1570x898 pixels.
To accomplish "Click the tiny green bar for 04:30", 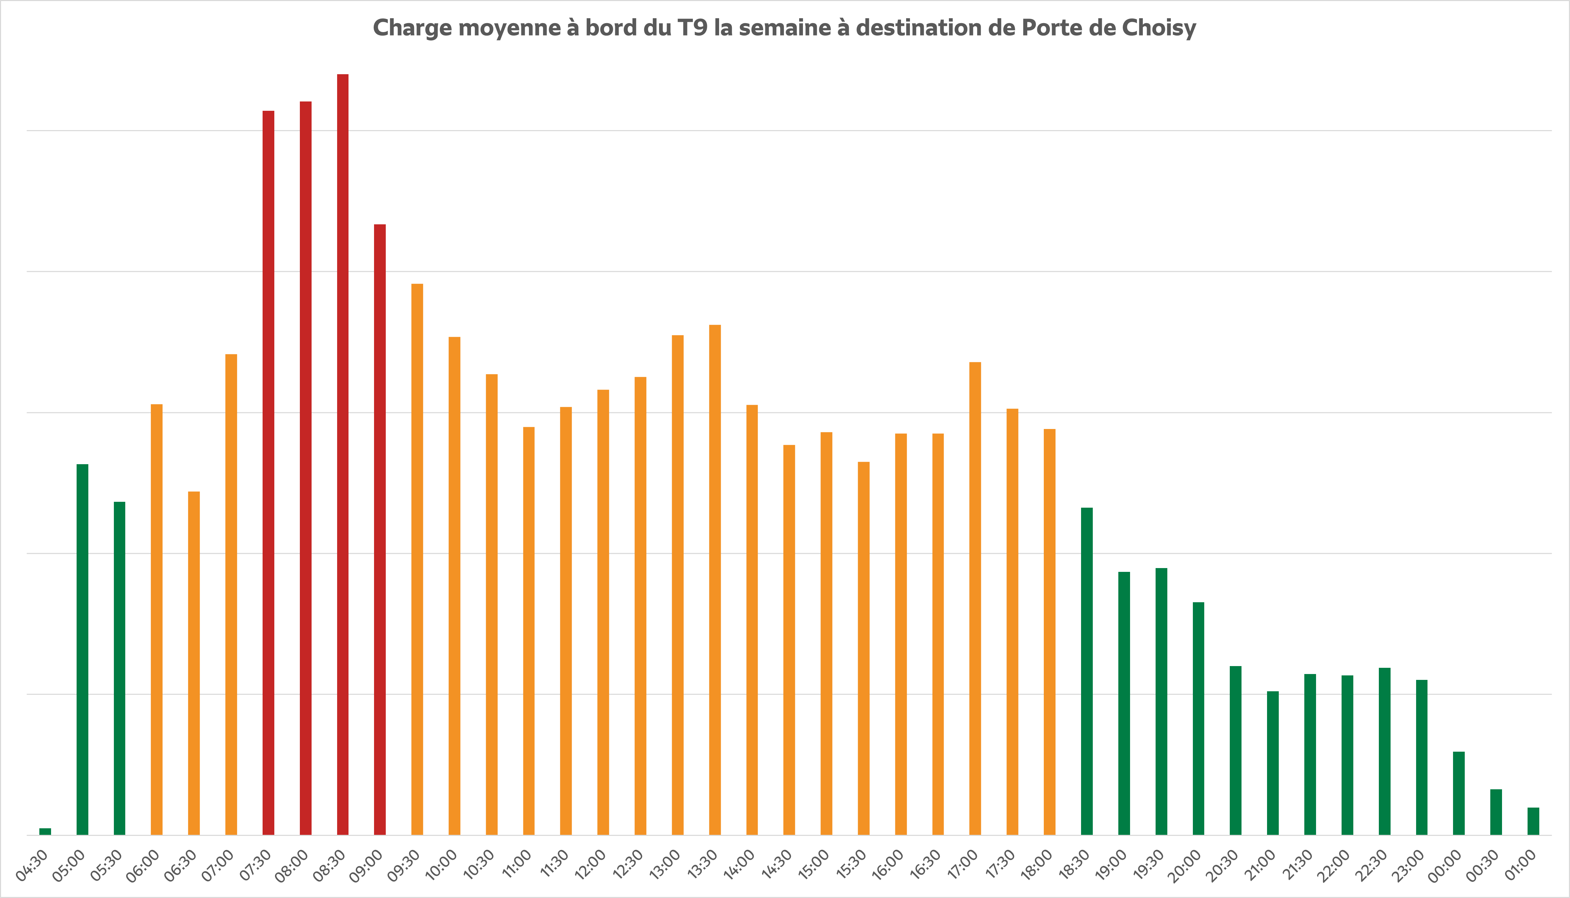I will [45, 831].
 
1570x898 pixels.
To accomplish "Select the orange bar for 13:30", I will [715, 580].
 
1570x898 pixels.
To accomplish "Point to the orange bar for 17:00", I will [975, 598].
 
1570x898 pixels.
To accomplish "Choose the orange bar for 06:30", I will [194, 663].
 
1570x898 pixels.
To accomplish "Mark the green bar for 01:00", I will [1533, 821].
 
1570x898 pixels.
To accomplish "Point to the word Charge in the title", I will [412, 28].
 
